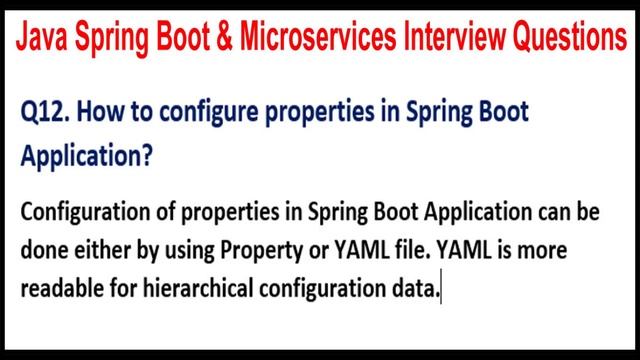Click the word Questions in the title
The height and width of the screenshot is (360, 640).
coord(572,39)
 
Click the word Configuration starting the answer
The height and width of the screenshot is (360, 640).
coord(83,214)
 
